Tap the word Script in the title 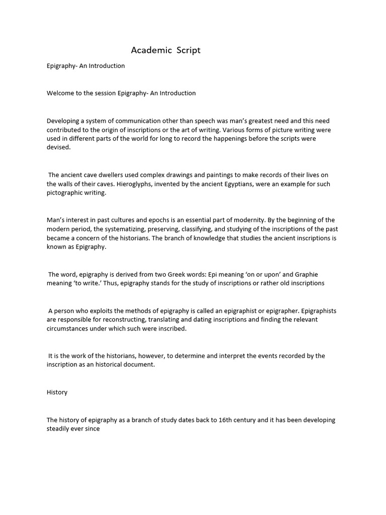[x=188, y=50]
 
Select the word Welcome [x=60, y=93]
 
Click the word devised [x=59, y=148]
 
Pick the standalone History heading [x=57, y=392]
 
